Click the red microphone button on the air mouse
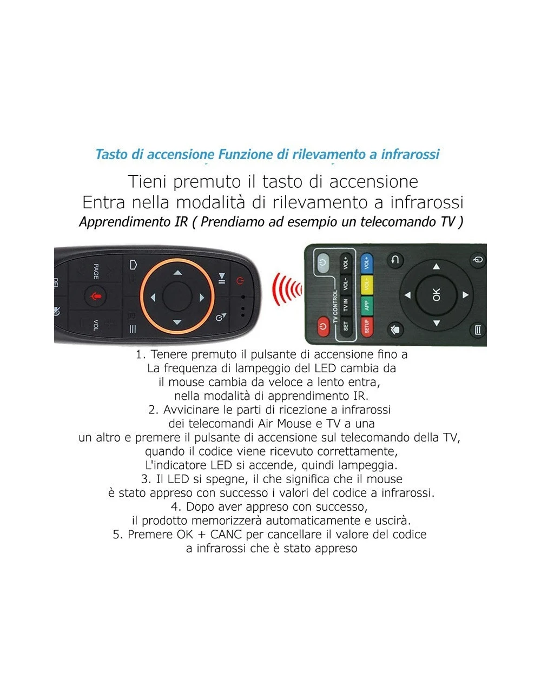pyautogui.click(x=95, y=296)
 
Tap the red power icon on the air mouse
pyautogui.click(x=240, y=281)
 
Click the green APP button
pyautogui.click(x=367, y=306)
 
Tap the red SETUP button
pyautogui.click(x=367, y=327)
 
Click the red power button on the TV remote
pyautogui.click(x=322, y=327)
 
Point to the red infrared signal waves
pyautogui.click(x=287, y=289)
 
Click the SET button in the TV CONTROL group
pyautogui.click(x=346, y=326)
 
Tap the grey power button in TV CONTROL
pyautogui.click(x=322, y=263)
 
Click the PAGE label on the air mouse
pyautogui.click(x=96, y=271)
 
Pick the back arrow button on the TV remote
pyautogui.click(x=395, y=260)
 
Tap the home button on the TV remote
pyautogui.click(x=395, y=330)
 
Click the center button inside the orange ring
pyautogui.click(x=177, y=297)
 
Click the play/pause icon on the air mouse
pyautogui.click(x=221, y=278)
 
